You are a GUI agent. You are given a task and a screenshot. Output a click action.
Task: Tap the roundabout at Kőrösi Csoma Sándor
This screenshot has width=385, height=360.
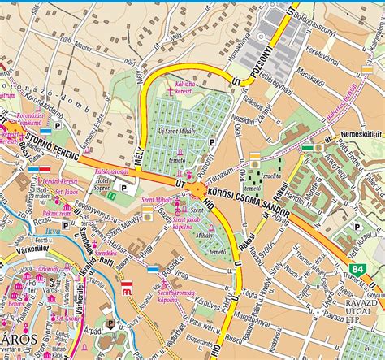click(199, 190)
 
